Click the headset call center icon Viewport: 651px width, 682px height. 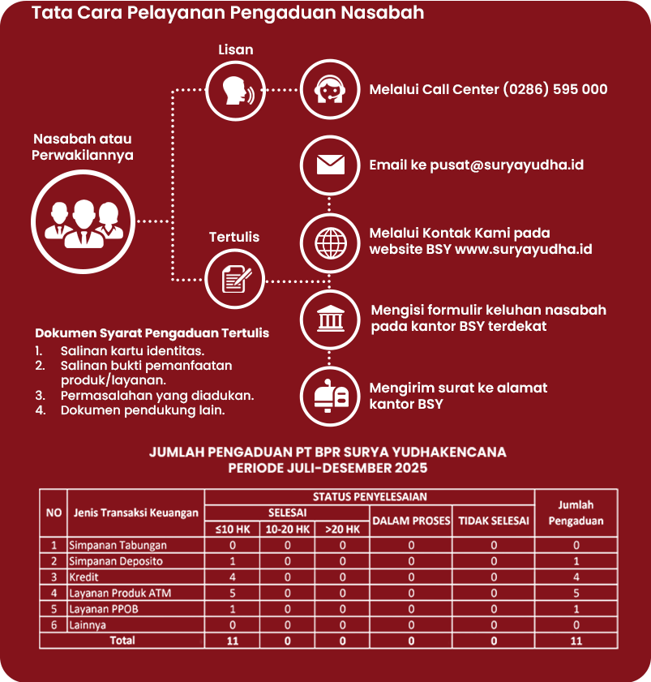click(329, 89)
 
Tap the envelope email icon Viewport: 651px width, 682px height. click(329, 165)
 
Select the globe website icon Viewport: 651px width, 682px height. click(329, 241)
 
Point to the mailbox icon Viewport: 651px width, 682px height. click(329, 395)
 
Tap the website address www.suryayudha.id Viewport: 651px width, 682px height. click(523, 249)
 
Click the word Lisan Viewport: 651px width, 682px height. click(235, 49)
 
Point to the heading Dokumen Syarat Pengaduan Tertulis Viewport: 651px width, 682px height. click(152, 333)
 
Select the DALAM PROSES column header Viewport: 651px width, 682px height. click(410, 521)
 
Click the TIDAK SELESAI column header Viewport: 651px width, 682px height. click(493, 521)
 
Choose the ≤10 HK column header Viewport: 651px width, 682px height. click(232, 530)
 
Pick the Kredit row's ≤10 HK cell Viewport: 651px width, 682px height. click(232, 577)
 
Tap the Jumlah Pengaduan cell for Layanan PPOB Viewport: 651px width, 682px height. click(576, 609)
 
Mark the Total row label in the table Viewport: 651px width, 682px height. click(122, 641)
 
